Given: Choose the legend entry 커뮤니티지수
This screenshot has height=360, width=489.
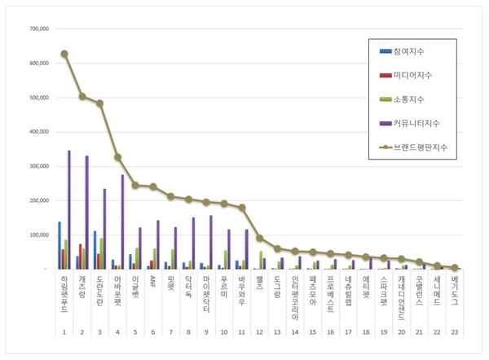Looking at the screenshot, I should (415, 123).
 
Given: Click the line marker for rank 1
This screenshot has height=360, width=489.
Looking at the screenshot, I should (64, 54).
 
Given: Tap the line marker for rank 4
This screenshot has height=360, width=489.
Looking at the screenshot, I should (117, 157).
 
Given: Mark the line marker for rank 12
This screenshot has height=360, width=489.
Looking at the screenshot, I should (259, 238).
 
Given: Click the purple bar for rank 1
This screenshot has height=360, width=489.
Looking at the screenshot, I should (69, 209).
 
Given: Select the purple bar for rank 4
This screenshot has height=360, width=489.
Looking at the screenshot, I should (123, 222).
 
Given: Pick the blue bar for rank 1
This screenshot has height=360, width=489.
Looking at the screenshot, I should (59, 245).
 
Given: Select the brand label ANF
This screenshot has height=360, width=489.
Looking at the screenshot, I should (152, 282).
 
